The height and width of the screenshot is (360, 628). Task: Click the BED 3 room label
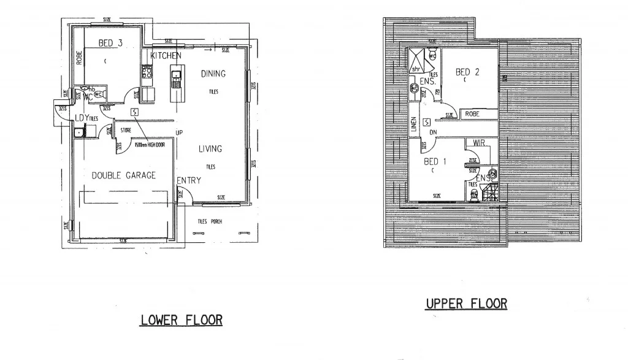(x=110, y=43)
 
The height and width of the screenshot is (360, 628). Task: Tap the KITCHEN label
(x=166, y=56)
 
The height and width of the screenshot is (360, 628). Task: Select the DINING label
(x=213, y=74)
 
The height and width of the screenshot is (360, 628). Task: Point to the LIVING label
(x=210, y=148)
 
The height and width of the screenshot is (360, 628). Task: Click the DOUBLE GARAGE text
(x=124, y=175)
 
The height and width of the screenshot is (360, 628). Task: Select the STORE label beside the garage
(x=126, y=130)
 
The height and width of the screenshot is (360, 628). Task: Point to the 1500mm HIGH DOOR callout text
(x=149, y=145)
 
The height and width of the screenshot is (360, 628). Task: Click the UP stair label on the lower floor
(x=179, y=132)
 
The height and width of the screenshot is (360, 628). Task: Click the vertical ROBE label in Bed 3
(x=78, y=58)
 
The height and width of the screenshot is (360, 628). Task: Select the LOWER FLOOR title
(x=182, y=320)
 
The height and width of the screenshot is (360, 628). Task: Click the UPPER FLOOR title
(x=467, y=304)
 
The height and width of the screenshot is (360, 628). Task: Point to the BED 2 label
(x=467, y=72)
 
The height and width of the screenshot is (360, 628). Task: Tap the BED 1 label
(x=436, y=161)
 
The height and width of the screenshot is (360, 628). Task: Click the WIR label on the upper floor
(x=480, y=142)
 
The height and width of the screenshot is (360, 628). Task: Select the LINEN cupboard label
(x=414, y=124)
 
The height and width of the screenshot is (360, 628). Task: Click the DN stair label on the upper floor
(x=433, y=132)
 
